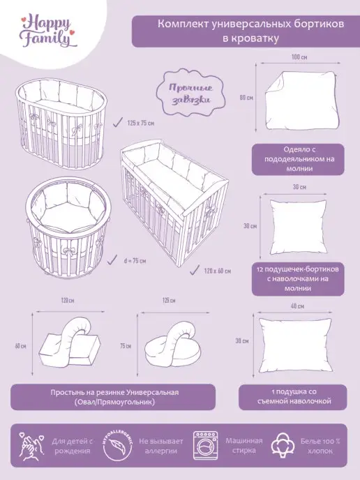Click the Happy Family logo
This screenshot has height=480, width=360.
point(47,32)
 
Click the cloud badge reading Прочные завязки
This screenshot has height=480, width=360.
point(190,93)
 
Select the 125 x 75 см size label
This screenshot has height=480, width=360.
point(141,123)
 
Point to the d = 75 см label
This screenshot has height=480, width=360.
point(135,261)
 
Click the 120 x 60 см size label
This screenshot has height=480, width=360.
point(218,271)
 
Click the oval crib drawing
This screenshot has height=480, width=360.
point(61,123)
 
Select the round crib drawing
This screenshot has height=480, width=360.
point(68,229)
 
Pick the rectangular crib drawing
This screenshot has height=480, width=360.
point(174,204)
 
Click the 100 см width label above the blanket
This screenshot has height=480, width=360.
point(299,57)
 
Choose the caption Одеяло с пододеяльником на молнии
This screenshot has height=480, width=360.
point(298,159)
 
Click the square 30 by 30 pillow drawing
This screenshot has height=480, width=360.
point(298,227)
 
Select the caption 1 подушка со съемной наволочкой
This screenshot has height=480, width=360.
point(292,397)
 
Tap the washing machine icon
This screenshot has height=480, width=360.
point(205,446)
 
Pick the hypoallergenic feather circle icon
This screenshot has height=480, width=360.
point(117,447)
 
